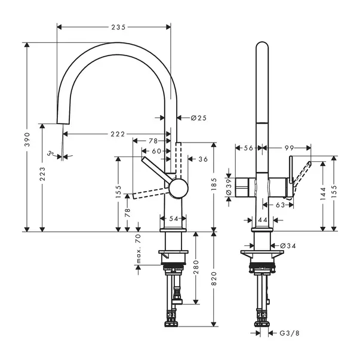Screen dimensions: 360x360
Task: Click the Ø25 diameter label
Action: (199, 118)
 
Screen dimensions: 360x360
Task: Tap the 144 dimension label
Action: (324, 193)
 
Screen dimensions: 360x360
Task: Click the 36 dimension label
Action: (202, 159)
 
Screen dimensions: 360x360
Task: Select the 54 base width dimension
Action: (174, 219)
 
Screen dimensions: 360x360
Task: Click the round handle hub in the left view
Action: (177, 189)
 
